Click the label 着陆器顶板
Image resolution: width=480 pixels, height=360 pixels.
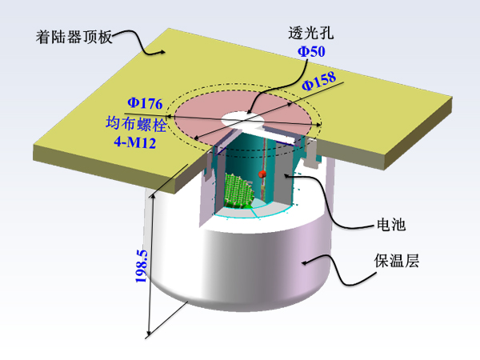coord(74,38)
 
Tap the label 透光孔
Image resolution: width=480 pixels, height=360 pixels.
coord(310,33)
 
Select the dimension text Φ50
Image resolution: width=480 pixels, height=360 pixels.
coord(311,51)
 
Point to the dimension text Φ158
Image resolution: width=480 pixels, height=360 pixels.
coord(319,81)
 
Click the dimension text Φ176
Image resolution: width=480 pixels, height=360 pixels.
coord(145,103)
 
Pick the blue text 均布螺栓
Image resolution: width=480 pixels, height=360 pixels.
coord(136,124)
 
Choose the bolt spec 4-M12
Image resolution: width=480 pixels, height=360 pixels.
coord(135,142)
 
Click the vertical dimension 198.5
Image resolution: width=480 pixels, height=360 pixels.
coord(142,266)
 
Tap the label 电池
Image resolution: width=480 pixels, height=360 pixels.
coord(391,224)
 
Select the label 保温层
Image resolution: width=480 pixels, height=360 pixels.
coord(397,261)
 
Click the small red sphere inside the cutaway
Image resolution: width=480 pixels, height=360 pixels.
coord(262,174)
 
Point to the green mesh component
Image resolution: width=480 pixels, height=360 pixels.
coord(239,190)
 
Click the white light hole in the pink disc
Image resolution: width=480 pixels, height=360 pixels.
coord(242,119)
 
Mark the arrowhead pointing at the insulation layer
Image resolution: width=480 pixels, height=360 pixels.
coord(305,262)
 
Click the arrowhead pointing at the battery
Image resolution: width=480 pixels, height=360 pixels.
coord(287,175)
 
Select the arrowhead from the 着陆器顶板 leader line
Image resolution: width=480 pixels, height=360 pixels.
coord(162,52)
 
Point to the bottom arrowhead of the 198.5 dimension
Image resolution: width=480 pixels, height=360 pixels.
coord(149,333)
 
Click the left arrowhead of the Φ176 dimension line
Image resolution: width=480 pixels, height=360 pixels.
coord(168,116)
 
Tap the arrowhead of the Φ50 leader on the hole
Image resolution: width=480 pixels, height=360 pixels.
coord(250,112)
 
